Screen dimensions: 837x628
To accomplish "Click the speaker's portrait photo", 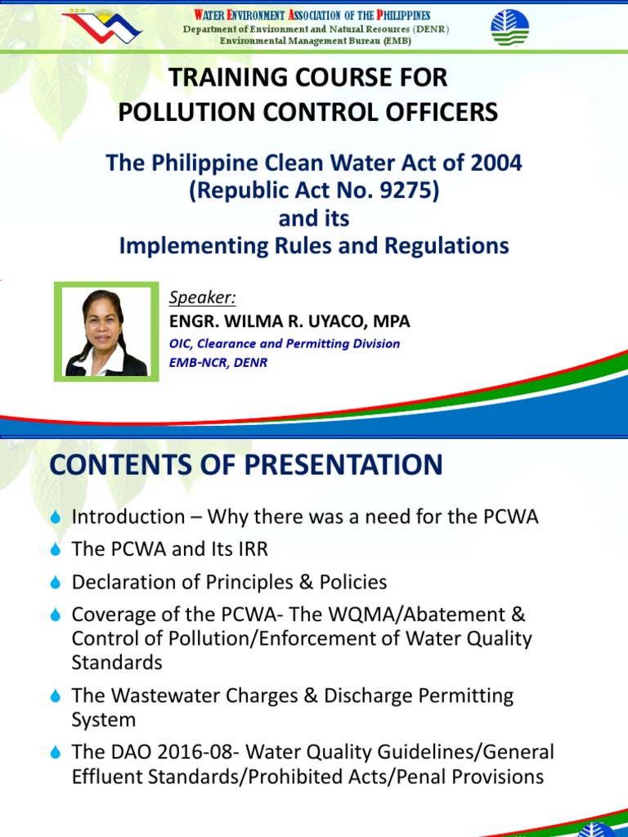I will (106, 332).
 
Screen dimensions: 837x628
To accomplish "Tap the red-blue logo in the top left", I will (103, 26).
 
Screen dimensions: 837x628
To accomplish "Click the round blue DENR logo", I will (509, 27).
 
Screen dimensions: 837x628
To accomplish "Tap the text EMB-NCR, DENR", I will (218, 362).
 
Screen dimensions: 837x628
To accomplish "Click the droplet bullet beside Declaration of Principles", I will (56, 583).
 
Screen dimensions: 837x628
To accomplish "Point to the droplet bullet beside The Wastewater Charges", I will (56, 696).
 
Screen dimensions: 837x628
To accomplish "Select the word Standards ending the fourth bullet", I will (117, 662).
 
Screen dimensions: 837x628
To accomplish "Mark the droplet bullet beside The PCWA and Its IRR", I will (56, 550).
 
